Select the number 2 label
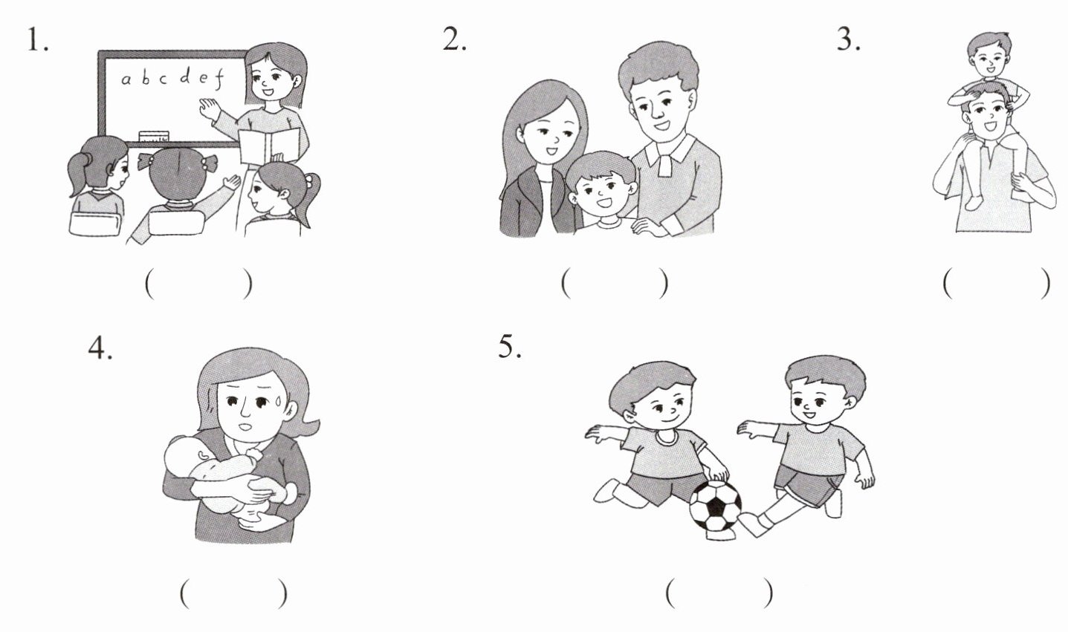454,39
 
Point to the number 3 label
849,39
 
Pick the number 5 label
510,346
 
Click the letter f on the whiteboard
219,79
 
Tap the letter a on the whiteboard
126,79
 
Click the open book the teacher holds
269,146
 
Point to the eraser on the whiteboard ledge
154,136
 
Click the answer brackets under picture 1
198,284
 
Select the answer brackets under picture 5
719,593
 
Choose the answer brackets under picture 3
997,284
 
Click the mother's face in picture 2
549,137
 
